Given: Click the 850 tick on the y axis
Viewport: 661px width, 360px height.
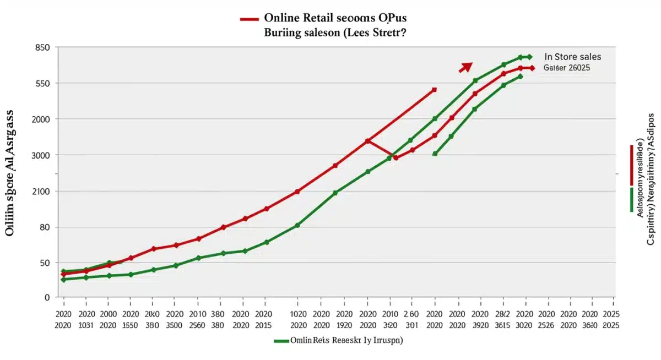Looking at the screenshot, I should tap(42, 47).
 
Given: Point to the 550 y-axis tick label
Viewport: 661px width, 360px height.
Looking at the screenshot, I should tap(42, 84).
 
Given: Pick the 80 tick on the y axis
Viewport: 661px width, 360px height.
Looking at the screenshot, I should tap(45, 227).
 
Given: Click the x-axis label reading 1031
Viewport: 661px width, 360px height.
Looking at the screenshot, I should tap(87, 325).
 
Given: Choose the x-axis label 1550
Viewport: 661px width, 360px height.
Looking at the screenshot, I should tap(131, 325).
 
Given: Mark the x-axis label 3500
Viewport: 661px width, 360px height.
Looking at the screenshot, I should tap(175, 325).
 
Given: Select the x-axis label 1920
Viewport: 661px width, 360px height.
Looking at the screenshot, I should tap(344, 325).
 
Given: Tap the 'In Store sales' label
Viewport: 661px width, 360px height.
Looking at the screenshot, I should tap(572, 57).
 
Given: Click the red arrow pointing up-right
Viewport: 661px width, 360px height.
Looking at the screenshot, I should tap(466, 67).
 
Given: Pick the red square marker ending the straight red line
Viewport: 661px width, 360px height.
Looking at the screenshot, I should tap(435, 90).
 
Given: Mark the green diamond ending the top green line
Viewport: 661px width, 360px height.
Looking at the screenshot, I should tap(529, 57).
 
